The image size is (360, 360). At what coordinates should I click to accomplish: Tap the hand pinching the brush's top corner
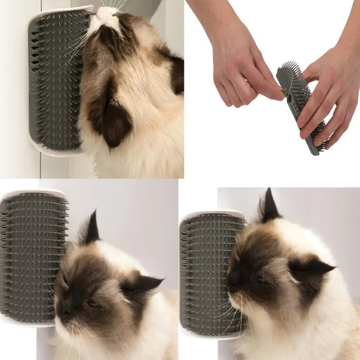tap(243, 71)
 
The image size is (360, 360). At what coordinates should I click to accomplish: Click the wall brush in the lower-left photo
tap(32, 257)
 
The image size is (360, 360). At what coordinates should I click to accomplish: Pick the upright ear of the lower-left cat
tap(90, 230)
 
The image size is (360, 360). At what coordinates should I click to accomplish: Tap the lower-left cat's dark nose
tap(67, 307)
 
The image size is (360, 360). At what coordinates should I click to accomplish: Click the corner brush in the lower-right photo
tap(209, 274)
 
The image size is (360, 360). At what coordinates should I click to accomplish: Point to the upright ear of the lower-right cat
tap(269, 206)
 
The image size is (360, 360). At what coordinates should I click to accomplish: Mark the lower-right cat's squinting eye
tap(261, 277)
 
